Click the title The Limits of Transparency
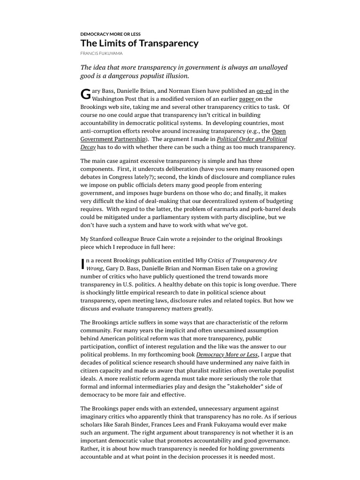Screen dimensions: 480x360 [x=139, y=44]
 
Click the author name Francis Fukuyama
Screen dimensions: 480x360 [x=102, y=54]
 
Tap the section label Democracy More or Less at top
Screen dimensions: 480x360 [x=110, y=34]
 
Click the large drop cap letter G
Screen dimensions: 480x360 [x=85, y=95]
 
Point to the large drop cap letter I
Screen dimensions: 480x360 [x=83, y=264]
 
